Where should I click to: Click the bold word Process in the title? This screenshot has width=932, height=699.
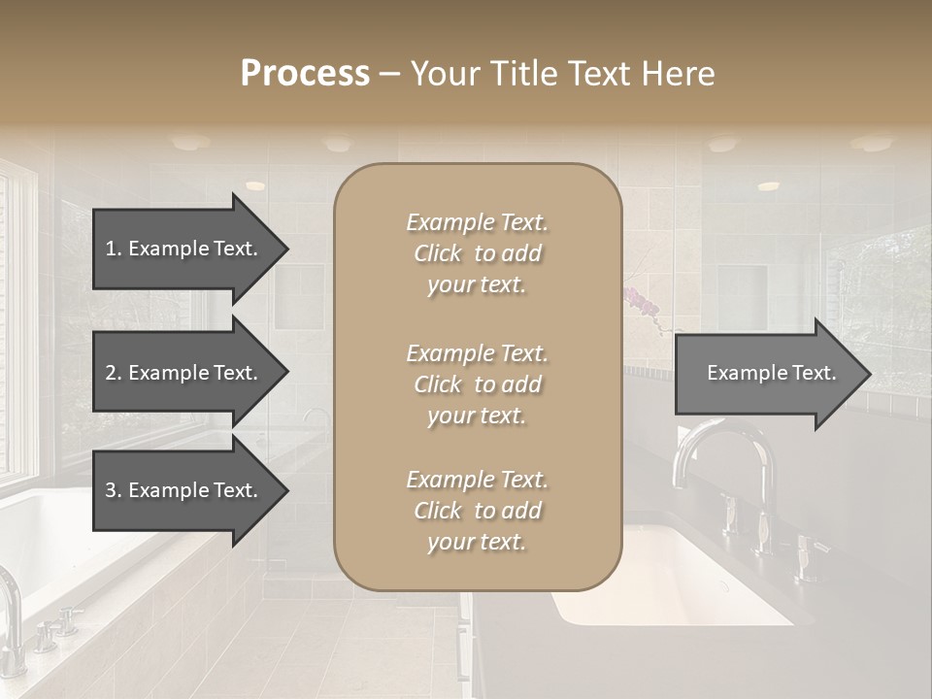pos(305,74)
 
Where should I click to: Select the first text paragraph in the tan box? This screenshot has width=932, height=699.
pos(477,253)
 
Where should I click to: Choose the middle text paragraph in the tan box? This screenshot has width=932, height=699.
pos(477,384)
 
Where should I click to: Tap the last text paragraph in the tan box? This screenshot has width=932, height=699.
pos(477,511)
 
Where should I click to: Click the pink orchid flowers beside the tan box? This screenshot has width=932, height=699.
pos(644,305)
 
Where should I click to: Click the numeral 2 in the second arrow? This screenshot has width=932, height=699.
pos(111,373)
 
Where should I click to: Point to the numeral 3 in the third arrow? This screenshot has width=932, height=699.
pos(111,490)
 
